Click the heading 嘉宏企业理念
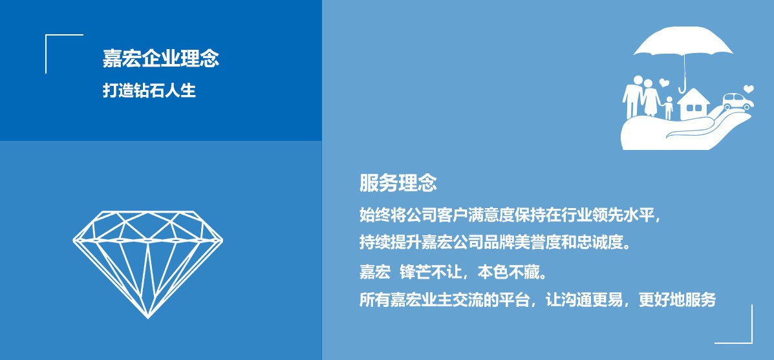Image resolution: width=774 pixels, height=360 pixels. (x=161, y=59)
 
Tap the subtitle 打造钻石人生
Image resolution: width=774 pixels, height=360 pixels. (x=149, y=90)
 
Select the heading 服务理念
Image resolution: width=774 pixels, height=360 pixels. (x=398, y=183)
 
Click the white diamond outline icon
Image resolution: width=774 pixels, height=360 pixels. (x=147, y=264)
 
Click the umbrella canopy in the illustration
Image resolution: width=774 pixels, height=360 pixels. (x=683, y=41)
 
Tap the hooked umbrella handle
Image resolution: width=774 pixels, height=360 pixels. (x=683, y=89)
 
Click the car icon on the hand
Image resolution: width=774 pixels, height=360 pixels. (x=738, y=102)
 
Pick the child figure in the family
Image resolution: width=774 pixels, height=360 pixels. (x=669, y=108)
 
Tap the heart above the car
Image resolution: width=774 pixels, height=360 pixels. (x=748, y=89)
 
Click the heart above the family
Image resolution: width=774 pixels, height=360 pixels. (x=664, y=82)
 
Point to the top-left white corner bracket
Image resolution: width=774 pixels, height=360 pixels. (x=46, y=35)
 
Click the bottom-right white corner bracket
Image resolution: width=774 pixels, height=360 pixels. (x=752, y=343)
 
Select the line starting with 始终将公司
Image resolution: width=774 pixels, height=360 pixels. (x=510, y=215)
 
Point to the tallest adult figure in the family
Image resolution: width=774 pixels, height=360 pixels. (x=632, y=97)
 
